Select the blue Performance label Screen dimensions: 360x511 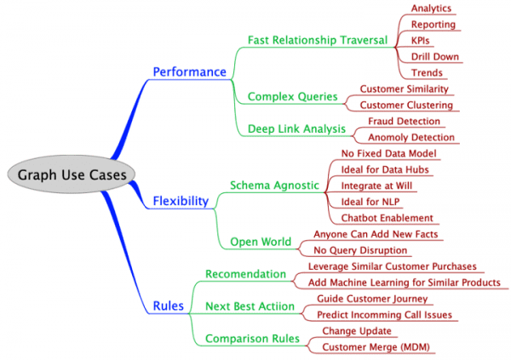coord(189,72)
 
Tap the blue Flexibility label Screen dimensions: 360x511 coord(180,202)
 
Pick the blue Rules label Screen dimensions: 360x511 coord(167,306)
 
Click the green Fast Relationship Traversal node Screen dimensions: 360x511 coord(318,40)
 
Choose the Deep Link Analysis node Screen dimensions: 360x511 coord(296,129)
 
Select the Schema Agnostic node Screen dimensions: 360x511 coord(273,185)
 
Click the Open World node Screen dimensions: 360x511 coord(261,242)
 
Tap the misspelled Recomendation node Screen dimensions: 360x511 coord(246,274)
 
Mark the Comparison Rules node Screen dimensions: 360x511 coord(252,339)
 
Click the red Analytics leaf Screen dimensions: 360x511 coord(431,9)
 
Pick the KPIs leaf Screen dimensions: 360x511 coord(420,41)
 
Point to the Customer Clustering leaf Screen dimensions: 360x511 coord(405,105)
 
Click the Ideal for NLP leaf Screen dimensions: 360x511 coord(370,202)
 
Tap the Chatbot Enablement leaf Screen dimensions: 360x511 coord(387,219)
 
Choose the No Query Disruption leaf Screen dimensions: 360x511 coord(360,250)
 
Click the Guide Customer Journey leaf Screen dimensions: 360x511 coord(371,299)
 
